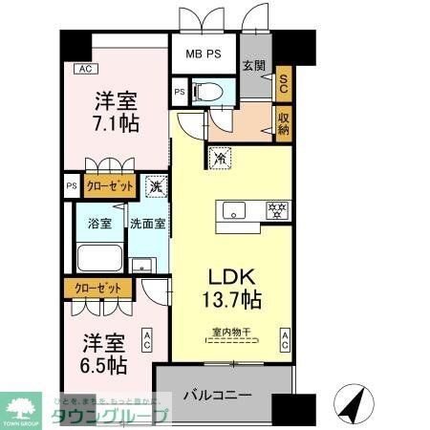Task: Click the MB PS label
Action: (204, 54)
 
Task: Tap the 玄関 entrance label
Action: (253, 65)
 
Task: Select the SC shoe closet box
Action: (283, 84)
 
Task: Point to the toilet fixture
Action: (211, 92)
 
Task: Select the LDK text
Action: (230, 276)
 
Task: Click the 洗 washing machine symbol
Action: (156, 187)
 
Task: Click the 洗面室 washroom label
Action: (148, 224)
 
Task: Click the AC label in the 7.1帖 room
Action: (84, 69)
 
